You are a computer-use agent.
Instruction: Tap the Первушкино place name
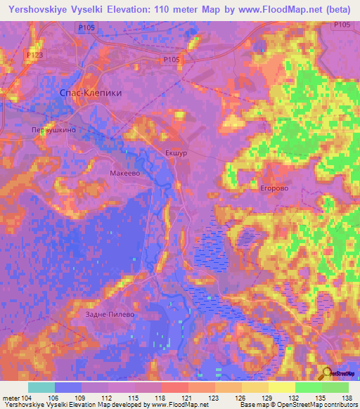click(x=53, y=130)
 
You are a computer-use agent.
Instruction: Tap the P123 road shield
click(x=34, y=54)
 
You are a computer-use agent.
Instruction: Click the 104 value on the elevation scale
click(x=22, y=398)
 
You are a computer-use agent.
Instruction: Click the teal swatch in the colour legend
click(x=41, y=387)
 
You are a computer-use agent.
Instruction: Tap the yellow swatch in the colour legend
click(x=282, y=387)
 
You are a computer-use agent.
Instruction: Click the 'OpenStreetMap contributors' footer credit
click(x=323, y=405)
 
